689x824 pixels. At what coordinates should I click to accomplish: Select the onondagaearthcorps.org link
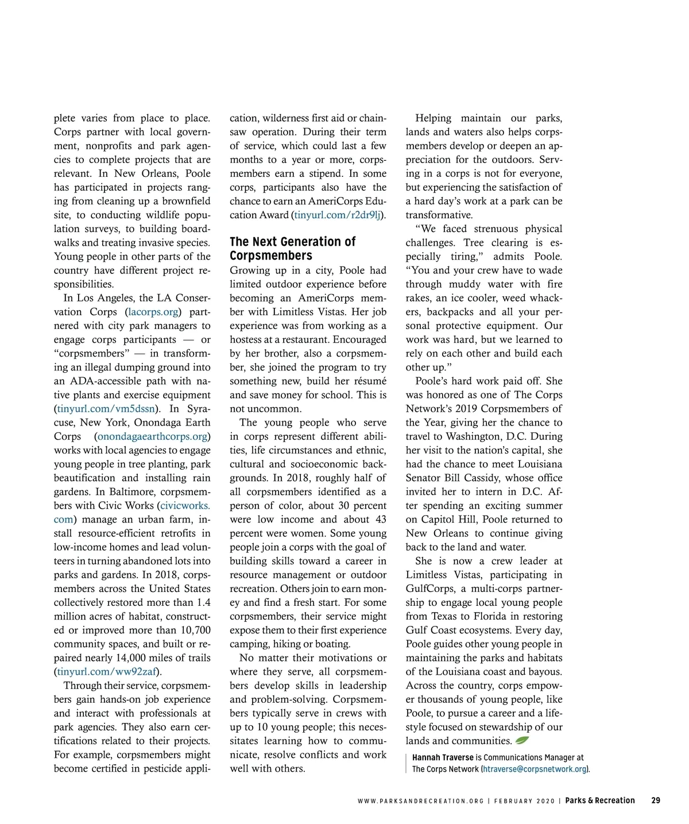tap(152, 436)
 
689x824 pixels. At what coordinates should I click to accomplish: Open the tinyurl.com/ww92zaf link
tap(107, 672)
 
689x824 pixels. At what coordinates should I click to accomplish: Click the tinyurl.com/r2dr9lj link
tap(338, 215)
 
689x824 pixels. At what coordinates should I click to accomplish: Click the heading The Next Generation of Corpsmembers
tap(292, 249)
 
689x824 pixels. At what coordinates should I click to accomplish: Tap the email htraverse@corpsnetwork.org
tap(535, 769)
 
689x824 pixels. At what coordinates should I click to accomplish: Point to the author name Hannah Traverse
tap(443, 758)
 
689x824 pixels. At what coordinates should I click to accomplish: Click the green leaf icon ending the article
tap(522, 741)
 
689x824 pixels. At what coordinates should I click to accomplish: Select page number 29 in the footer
tap(656, 800)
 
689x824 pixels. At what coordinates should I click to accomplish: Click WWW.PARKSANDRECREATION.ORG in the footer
tap(420, 801)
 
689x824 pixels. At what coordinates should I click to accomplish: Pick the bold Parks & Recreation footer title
tap(600, 800)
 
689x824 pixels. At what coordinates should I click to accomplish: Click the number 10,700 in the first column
tap(195, 630)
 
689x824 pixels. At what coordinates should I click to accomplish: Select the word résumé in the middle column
tap(371, 381)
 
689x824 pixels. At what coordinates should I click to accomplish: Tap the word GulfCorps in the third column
tap(430, 589)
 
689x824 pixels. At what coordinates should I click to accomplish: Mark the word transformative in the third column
tap(439, 215)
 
